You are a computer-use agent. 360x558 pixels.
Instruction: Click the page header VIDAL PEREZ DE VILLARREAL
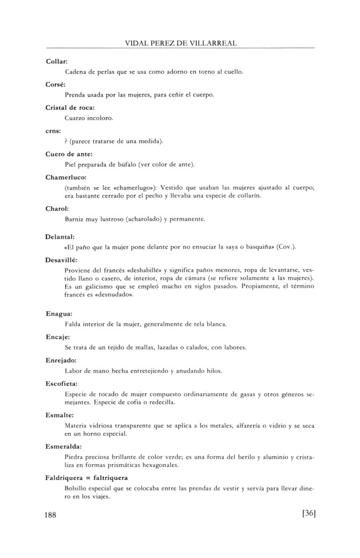tap(180, 42)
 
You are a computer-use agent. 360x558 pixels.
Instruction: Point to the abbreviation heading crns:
tap(54, 129)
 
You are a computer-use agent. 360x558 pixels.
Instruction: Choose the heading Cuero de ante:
tap(68, 153)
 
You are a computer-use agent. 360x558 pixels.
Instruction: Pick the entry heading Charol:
tap(57, 208)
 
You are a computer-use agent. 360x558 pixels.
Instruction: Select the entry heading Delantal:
tap(59, 237)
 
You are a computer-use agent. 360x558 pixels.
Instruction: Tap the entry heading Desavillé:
tap(61, 260)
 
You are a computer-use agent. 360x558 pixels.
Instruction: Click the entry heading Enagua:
tap(59, 314)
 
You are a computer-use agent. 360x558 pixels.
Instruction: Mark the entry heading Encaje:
tap(57, 337)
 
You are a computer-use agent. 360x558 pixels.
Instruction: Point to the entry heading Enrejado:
tap(61, 360)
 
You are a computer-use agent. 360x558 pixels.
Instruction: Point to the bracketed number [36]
tap(308, 514)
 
